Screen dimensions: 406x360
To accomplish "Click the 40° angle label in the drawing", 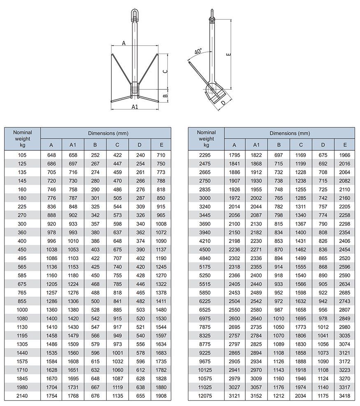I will (x=198, y=52).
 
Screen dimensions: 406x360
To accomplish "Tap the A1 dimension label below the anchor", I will (x=135, y=107).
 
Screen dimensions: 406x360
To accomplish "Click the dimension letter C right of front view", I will (x=165, y=71).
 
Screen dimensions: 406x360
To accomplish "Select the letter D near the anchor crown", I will (x=223, y=103).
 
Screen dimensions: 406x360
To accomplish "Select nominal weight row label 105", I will (x=22, y=155).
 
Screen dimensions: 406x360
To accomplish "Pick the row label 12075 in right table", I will (x=206, y=396).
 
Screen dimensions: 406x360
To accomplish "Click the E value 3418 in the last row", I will (x=345, y=396).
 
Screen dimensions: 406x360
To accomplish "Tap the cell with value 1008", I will (x=161, y=224).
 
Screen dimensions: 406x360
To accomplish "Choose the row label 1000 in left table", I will (x=22, y=310).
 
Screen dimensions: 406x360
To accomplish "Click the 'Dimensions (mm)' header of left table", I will (x=106, y=133).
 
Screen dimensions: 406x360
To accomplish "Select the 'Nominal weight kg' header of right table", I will (x=206, y=139).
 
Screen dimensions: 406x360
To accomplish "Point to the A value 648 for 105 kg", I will (x=51, y=155).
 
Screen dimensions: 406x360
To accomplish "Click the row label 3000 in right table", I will (x=206, y=198).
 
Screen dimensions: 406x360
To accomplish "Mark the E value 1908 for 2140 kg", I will (x=161, y=396).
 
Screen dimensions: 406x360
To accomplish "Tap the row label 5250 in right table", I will (x=206, y=275).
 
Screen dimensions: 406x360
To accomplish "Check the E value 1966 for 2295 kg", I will (x=345, y=155).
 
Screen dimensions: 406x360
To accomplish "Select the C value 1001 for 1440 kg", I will (x=117, y=353).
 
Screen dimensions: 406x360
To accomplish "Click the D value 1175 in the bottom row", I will (x=323, y=396).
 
